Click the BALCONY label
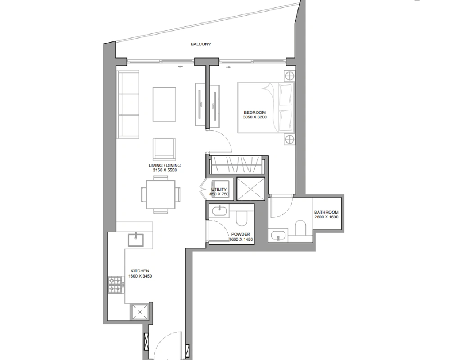[201, 44]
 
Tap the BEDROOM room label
[255, 112]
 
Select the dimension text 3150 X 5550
[165, 170]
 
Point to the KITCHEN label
[140, 271]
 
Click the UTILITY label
[219, 189]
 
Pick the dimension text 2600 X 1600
[326, 217]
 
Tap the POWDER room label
[240, 234]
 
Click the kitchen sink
[135, 240]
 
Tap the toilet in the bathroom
[300, 228]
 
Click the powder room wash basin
[220, 211]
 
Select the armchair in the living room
[164, 148]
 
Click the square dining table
[161, 194]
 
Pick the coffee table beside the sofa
[164, 104]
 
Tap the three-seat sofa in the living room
[128, 104]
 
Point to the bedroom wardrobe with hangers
[237, 165]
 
